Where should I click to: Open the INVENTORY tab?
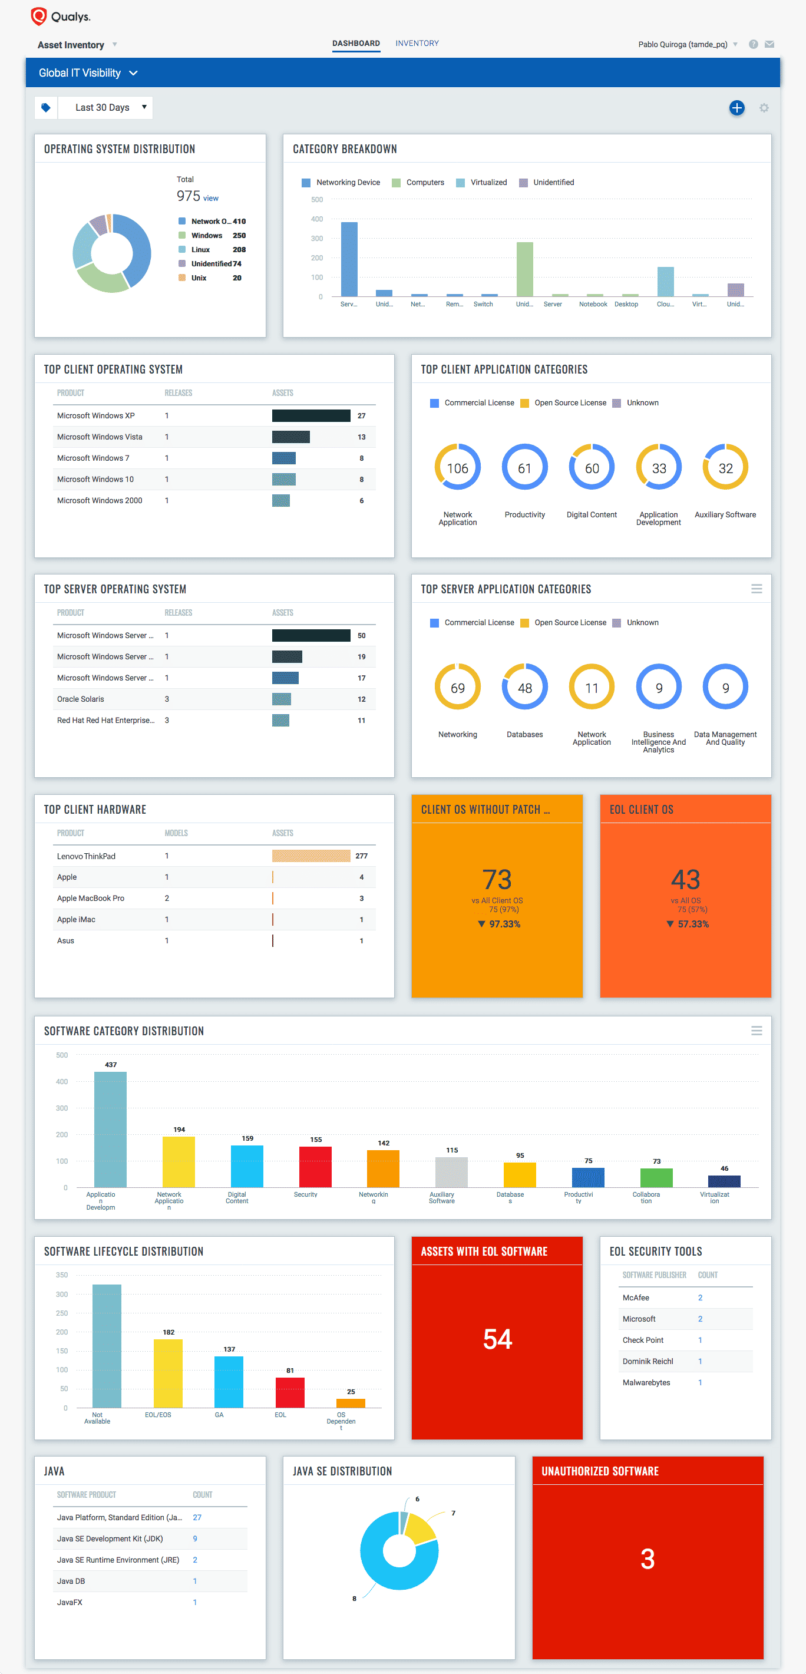tap(417, 44)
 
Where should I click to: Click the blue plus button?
tap(736, 108)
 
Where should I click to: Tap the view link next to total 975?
tap(210, 199)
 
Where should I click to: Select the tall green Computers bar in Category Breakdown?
tap(524, 269)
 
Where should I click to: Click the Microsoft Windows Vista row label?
tap(100, 437)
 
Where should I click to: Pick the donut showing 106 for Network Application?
tap(458, 468)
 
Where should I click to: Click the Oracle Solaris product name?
tap(81, 699)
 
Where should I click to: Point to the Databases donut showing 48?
tap(524, 688)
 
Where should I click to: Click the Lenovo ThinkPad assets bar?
tap(310, 856)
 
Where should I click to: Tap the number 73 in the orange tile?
tap(497, 879)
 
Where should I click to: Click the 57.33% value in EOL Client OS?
tap(693, 924)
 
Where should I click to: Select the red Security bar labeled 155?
tap(315, 1167)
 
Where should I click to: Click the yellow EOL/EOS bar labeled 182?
tap(169, 1372)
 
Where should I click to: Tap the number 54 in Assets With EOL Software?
tap(497, 1339)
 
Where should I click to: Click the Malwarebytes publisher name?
tap(646, 1382)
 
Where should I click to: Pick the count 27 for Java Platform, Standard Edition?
tap(197, 1517)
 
